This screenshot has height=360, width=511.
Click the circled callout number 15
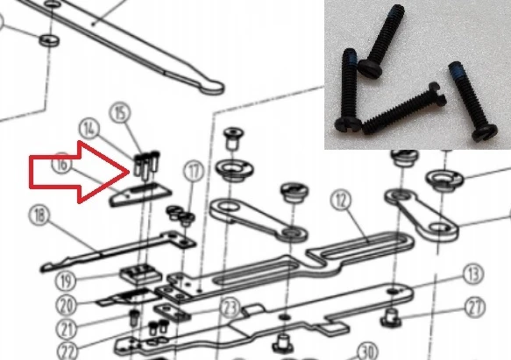tap(121, 113)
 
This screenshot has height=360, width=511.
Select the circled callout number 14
tap(89, 130)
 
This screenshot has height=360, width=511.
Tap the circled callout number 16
tap(61, 164)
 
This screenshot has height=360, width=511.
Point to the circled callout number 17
tap(194, 172)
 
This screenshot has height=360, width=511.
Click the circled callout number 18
tap(39, 215)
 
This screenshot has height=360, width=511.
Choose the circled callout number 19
tap(66, 280)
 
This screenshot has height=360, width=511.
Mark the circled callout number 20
tap(66, 306)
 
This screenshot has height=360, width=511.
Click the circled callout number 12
tap(341, 200)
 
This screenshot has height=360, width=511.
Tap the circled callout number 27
tap(474, 307)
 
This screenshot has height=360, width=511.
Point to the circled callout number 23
tap(231, 307)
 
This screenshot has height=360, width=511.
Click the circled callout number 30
tap(368, 351)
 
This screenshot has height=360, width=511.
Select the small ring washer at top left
tap(49, 40)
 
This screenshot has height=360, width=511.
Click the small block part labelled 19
tap(141, 273)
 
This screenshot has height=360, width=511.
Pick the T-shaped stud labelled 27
tap(390, 317)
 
